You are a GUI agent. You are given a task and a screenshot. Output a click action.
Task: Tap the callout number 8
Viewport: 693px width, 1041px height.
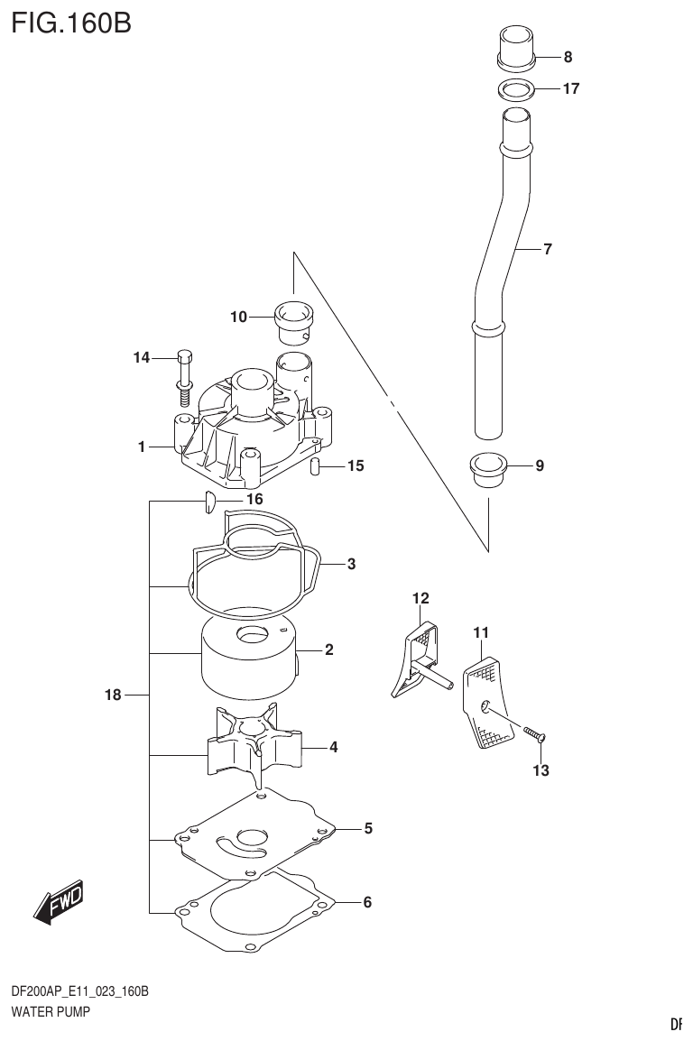tap(568, 58)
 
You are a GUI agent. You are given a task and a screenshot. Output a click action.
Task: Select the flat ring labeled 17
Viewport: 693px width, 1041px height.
tap(517, 89)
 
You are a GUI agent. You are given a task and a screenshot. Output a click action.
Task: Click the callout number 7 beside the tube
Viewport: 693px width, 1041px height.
tap(547, 250)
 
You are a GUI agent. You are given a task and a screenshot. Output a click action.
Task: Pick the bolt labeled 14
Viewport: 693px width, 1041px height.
tap(184, 373)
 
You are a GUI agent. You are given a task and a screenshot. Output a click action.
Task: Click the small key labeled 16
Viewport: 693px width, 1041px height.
tap(208, 502)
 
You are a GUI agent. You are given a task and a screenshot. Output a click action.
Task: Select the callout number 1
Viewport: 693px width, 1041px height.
tap(142, 447)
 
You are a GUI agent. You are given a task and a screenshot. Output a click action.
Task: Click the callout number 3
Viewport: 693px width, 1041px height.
tap(351, 565)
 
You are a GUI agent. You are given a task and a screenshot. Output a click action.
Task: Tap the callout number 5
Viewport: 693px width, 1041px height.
tap(368, 827)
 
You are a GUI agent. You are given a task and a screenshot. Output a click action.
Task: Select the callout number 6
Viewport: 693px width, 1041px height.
tap(367, 902)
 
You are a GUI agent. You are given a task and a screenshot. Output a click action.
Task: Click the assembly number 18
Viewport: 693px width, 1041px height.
tap(112, 695)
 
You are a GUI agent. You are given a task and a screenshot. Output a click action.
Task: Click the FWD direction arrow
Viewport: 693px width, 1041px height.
tap(59, 901)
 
